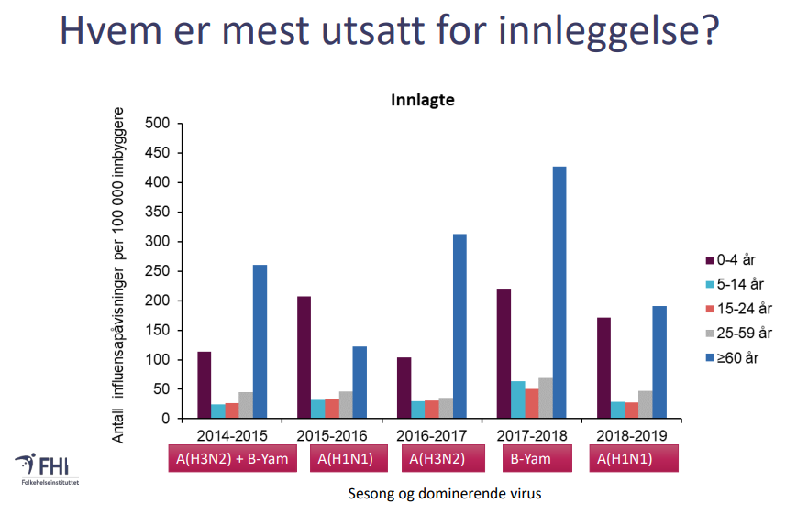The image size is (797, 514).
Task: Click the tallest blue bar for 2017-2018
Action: coord(559,292)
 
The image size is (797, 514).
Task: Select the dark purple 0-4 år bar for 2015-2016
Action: coord(304,357)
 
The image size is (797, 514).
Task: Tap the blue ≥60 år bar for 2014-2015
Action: coord(260,342)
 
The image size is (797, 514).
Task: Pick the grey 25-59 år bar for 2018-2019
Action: coord(646,405)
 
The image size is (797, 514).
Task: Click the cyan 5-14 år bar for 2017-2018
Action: coord(518,400)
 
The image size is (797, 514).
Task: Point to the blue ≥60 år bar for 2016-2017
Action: coord(459,326)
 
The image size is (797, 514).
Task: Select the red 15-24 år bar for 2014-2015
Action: coord(232,410)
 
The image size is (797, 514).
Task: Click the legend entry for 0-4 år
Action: coord(730,260)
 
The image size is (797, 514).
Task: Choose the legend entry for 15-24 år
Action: coord(738,308)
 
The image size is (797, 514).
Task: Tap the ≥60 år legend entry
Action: coord(732,358)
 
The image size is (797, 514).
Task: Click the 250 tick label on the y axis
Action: coord(157,271)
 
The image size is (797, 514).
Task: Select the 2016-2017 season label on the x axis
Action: coord(432,436)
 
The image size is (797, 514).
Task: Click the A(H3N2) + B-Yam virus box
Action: coord(232,459)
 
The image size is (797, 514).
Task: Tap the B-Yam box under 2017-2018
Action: coord(537,459)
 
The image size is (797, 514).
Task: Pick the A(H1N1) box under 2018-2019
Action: coord(634,459)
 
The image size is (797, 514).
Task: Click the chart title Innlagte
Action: coord(423,100)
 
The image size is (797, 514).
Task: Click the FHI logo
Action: coord(47,468)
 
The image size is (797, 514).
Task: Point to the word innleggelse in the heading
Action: coord(608,30)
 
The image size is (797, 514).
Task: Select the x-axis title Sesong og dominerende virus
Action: coord(445,494)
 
